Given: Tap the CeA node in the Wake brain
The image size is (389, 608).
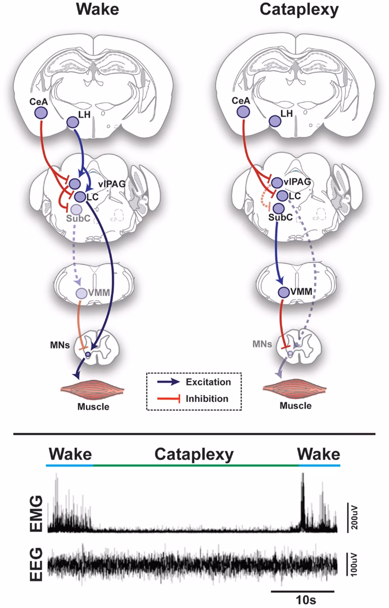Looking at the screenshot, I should point(41,112).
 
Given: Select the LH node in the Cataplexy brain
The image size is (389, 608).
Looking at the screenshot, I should point(275,122).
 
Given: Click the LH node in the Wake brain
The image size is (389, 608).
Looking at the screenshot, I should point(72,122).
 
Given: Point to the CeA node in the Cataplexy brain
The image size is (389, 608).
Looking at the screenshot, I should point(243,112).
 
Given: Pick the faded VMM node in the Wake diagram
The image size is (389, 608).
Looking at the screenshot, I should point(80,293).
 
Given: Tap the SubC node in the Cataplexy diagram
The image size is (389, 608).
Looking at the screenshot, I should point(278,208).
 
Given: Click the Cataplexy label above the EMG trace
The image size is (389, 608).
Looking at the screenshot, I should point(194,454).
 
